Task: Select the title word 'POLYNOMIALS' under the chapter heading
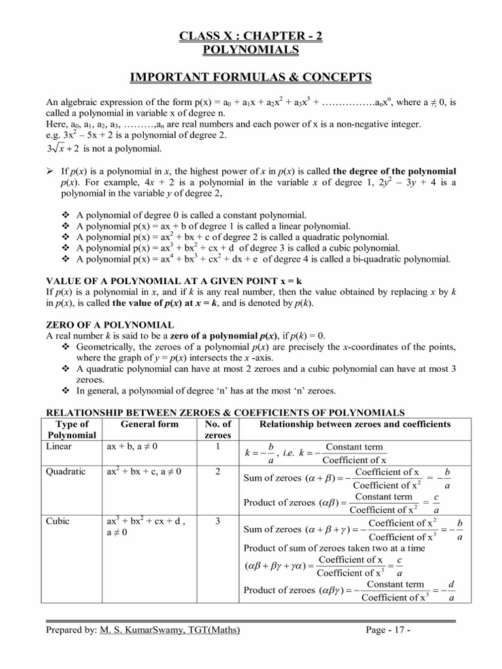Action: pyautogui.click(x=250, y=50)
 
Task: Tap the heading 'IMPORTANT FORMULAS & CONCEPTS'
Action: pyautogui.click(x=250, y=78)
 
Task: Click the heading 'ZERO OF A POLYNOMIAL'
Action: pyautogui.click(x=109, y=325)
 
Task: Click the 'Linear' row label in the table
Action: pyautogui.click(x=59, y=446)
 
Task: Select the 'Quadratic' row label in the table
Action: pyautogui.click(x=65, y=472)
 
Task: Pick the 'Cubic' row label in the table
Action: pyautogui.click(x=58, y=521)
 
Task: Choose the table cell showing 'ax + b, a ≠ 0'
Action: pyautogui.click(x=132, y=446)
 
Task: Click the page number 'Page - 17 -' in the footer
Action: pyautogui.click(x=388, y=630)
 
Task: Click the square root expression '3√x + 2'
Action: pyautogui.click(x=63, y=148)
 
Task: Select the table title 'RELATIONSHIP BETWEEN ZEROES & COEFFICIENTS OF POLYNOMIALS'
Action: pyautogui.click(x=224, y=412)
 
